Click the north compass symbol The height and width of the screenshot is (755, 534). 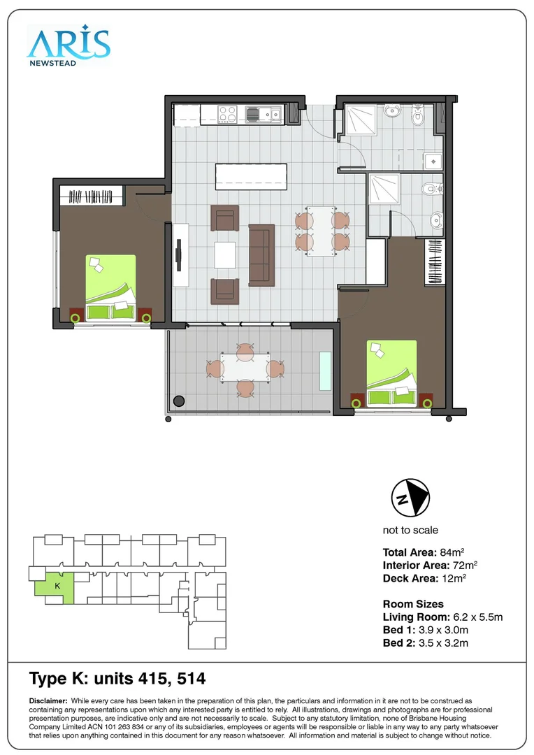coord(410,498)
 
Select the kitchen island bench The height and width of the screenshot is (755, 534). coord(251,176)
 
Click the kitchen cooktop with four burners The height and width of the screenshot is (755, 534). coord(227,113)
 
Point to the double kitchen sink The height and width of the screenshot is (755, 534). coord(263,113)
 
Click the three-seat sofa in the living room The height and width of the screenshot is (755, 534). coord(263,256)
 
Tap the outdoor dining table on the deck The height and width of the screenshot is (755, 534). coord(245,368)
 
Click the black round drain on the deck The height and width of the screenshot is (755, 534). coord(179,401)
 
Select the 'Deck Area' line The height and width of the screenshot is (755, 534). coord(424,578)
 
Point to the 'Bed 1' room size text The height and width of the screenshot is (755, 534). coord(425,630)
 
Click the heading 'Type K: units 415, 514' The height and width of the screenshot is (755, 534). coord(117,679)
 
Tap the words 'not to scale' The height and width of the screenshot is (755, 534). coord(410,530)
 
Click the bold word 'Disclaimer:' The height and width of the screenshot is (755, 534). coord(48,700)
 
